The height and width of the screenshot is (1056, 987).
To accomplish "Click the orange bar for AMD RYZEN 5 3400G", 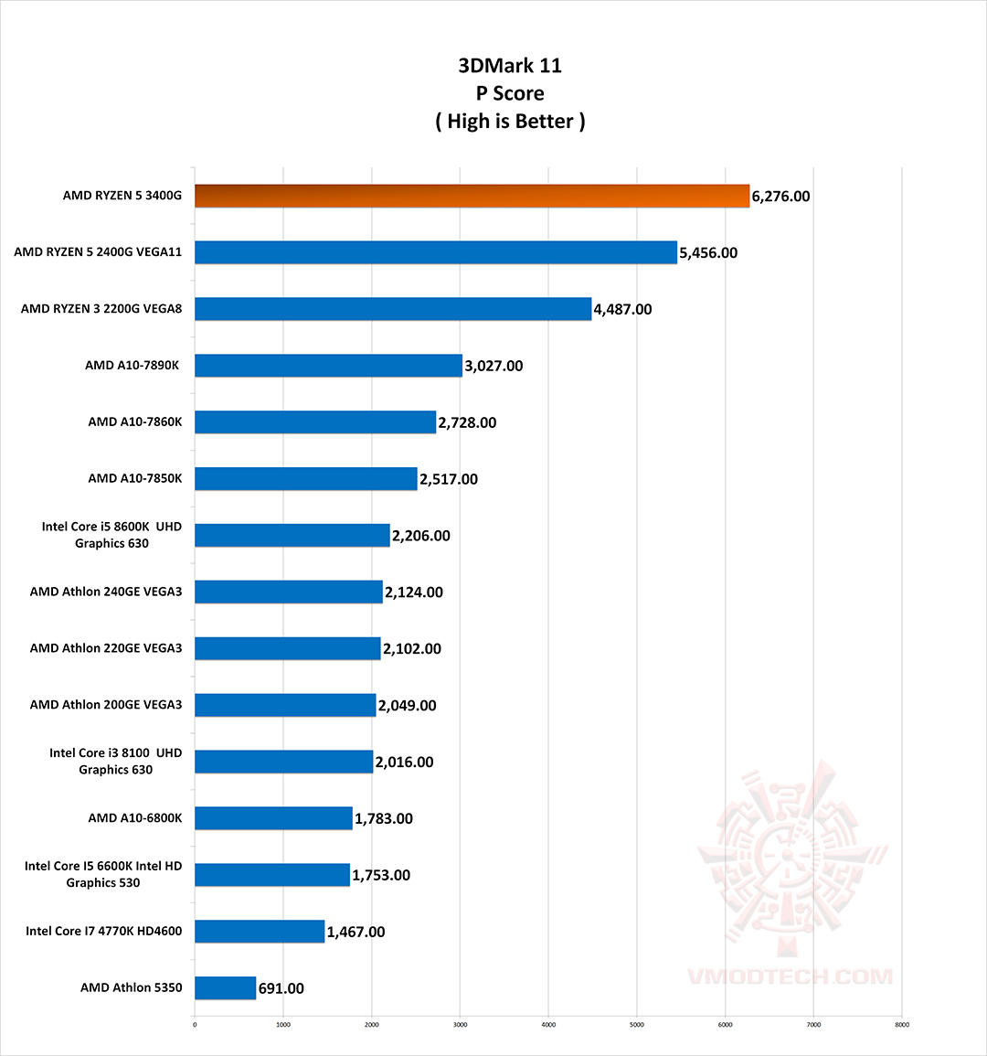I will [x=472, y=196].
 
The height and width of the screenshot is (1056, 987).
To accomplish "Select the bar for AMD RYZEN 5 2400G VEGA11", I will [x=436, y=252].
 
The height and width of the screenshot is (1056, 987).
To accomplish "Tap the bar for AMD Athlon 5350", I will [x=225, y=988].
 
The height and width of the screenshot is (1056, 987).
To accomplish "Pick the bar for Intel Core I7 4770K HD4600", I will [x=260, y=932].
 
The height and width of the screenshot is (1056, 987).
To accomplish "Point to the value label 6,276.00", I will [x=780, y=197].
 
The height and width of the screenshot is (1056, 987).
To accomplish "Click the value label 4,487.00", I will [x=622, y=309].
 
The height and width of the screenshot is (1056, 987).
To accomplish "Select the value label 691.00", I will [x=281, y=988].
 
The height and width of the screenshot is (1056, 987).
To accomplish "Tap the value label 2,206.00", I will [x=420, y=536].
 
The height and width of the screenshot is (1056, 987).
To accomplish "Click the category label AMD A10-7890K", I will [x=133, y=366].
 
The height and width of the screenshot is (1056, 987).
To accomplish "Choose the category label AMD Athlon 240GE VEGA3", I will [x=106, y=592].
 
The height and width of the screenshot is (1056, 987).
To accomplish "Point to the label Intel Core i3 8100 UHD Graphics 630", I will [x=116, y=762].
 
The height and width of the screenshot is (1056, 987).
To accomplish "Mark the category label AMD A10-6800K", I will [x=135, y=818].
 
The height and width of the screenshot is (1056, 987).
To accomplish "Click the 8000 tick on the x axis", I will [x=901, y=1025].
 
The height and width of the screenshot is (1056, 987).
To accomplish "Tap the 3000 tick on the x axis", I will [x=460, y=1025].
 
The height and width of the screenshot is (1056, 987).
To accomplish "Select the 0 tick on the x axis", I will [x=195, y=1025].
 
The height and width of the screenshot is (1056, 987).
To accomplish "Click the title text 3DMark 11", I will [x=510, y=66].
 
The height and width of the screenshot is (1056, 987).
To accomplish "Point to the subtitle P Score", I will [x=510, y=93].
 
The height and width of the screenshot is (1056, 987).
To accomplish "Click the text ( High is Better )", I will [x=510, y=122].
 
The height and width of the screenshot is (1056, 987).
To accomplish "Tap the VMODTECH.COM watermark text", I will [x=790, y=976].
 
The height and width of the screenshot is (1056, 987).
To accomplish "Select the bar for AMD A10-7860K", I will [x=315, y=422].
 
